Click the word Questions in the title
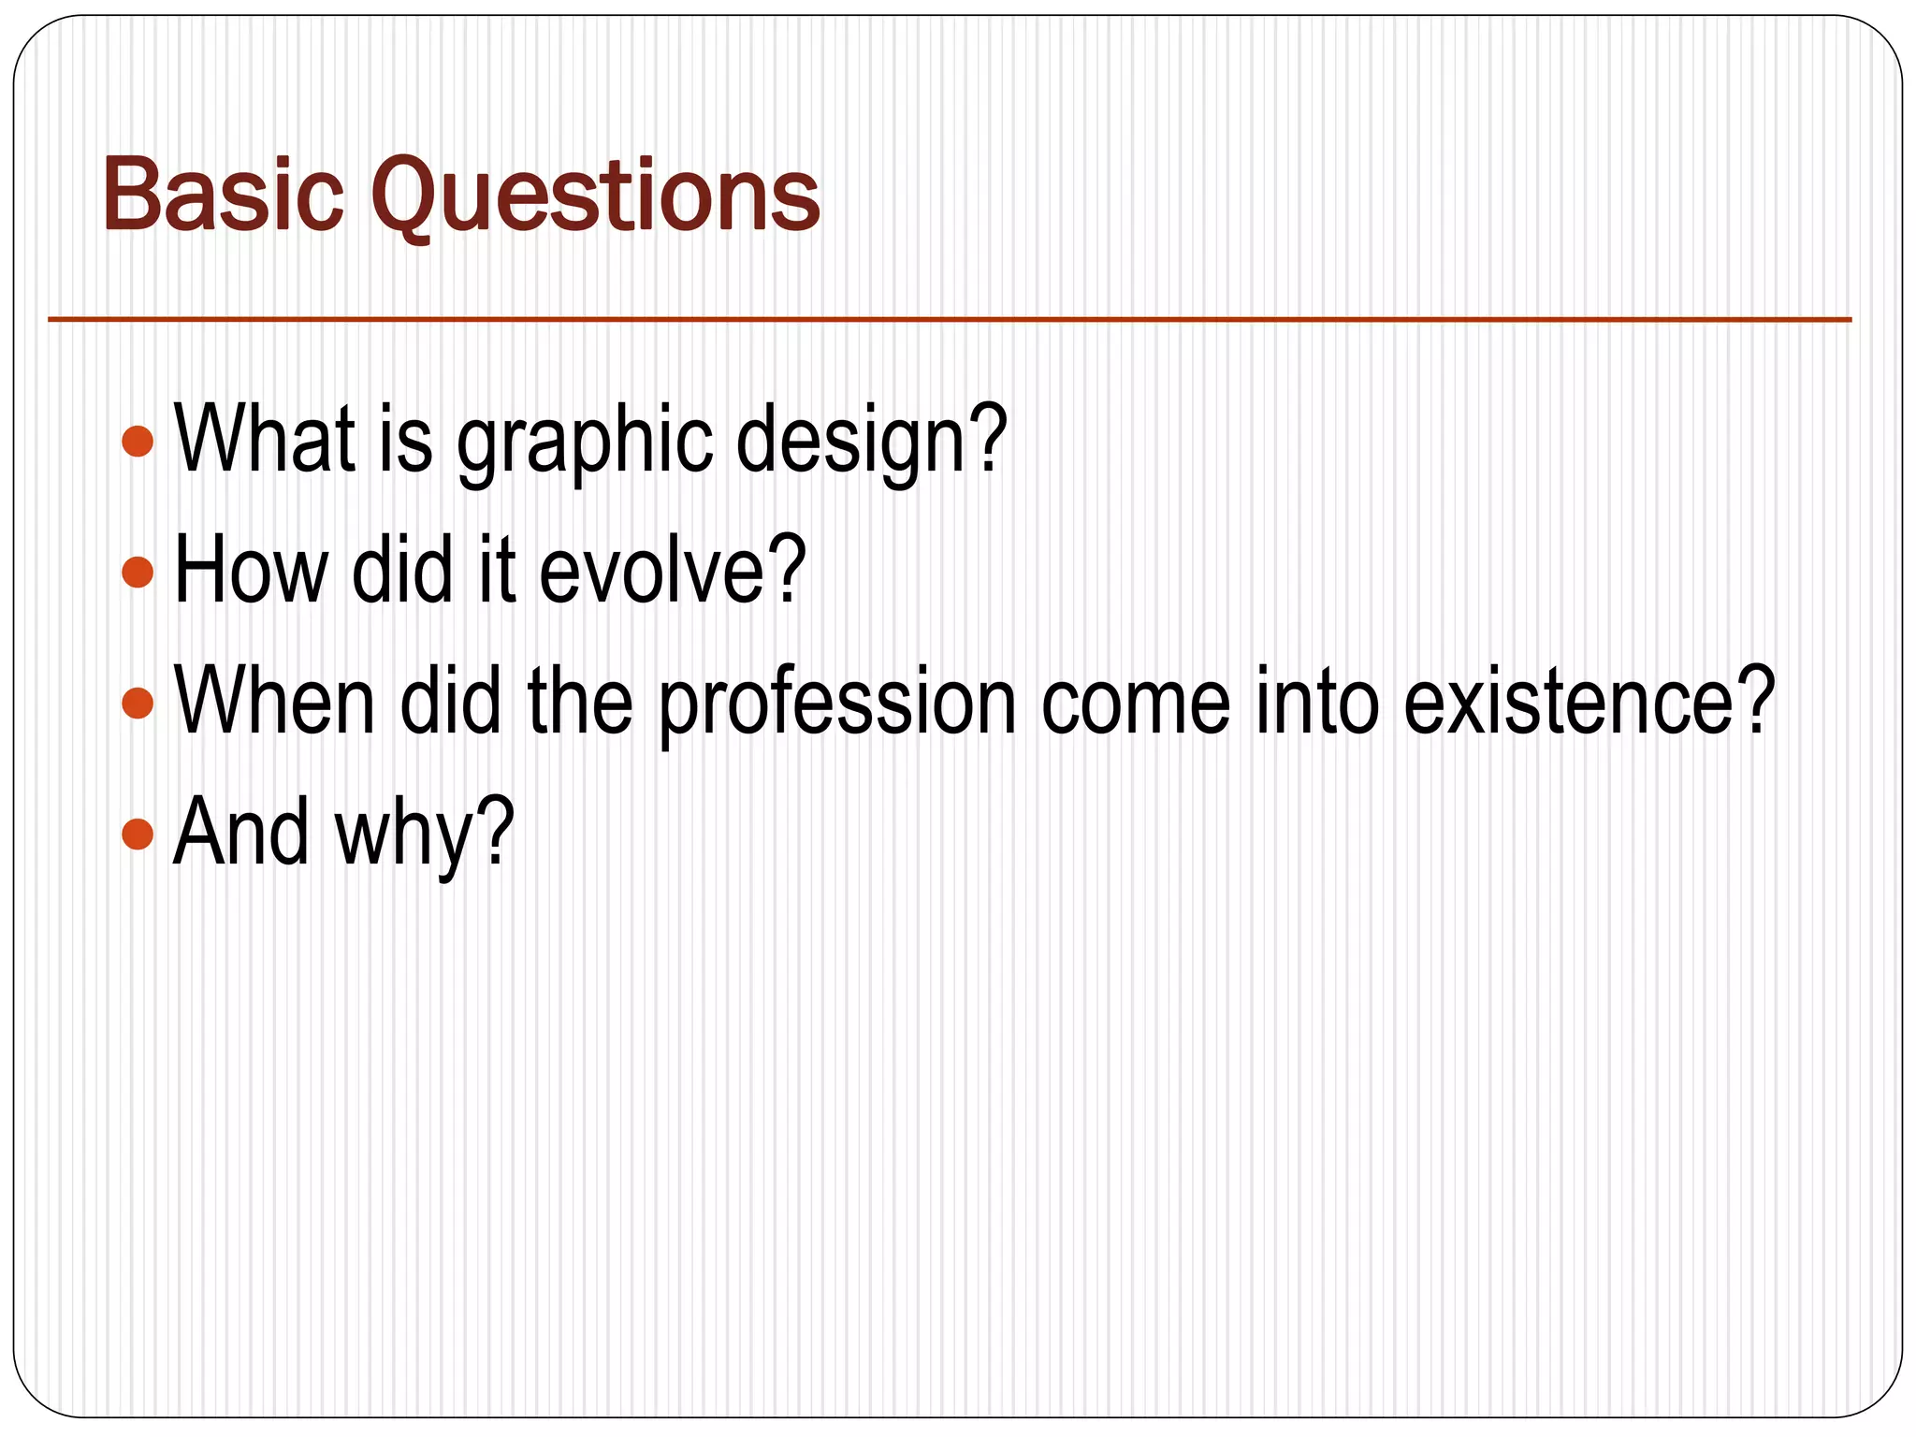595,196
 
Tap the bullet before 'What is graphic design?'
138,441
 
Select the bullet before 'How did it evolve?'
138,572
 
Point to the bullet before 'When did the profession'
138,703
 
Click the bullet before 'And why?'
138,834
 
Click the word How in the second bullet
251,571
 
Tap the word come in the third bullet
1136,704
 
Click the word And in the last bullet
241,833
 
